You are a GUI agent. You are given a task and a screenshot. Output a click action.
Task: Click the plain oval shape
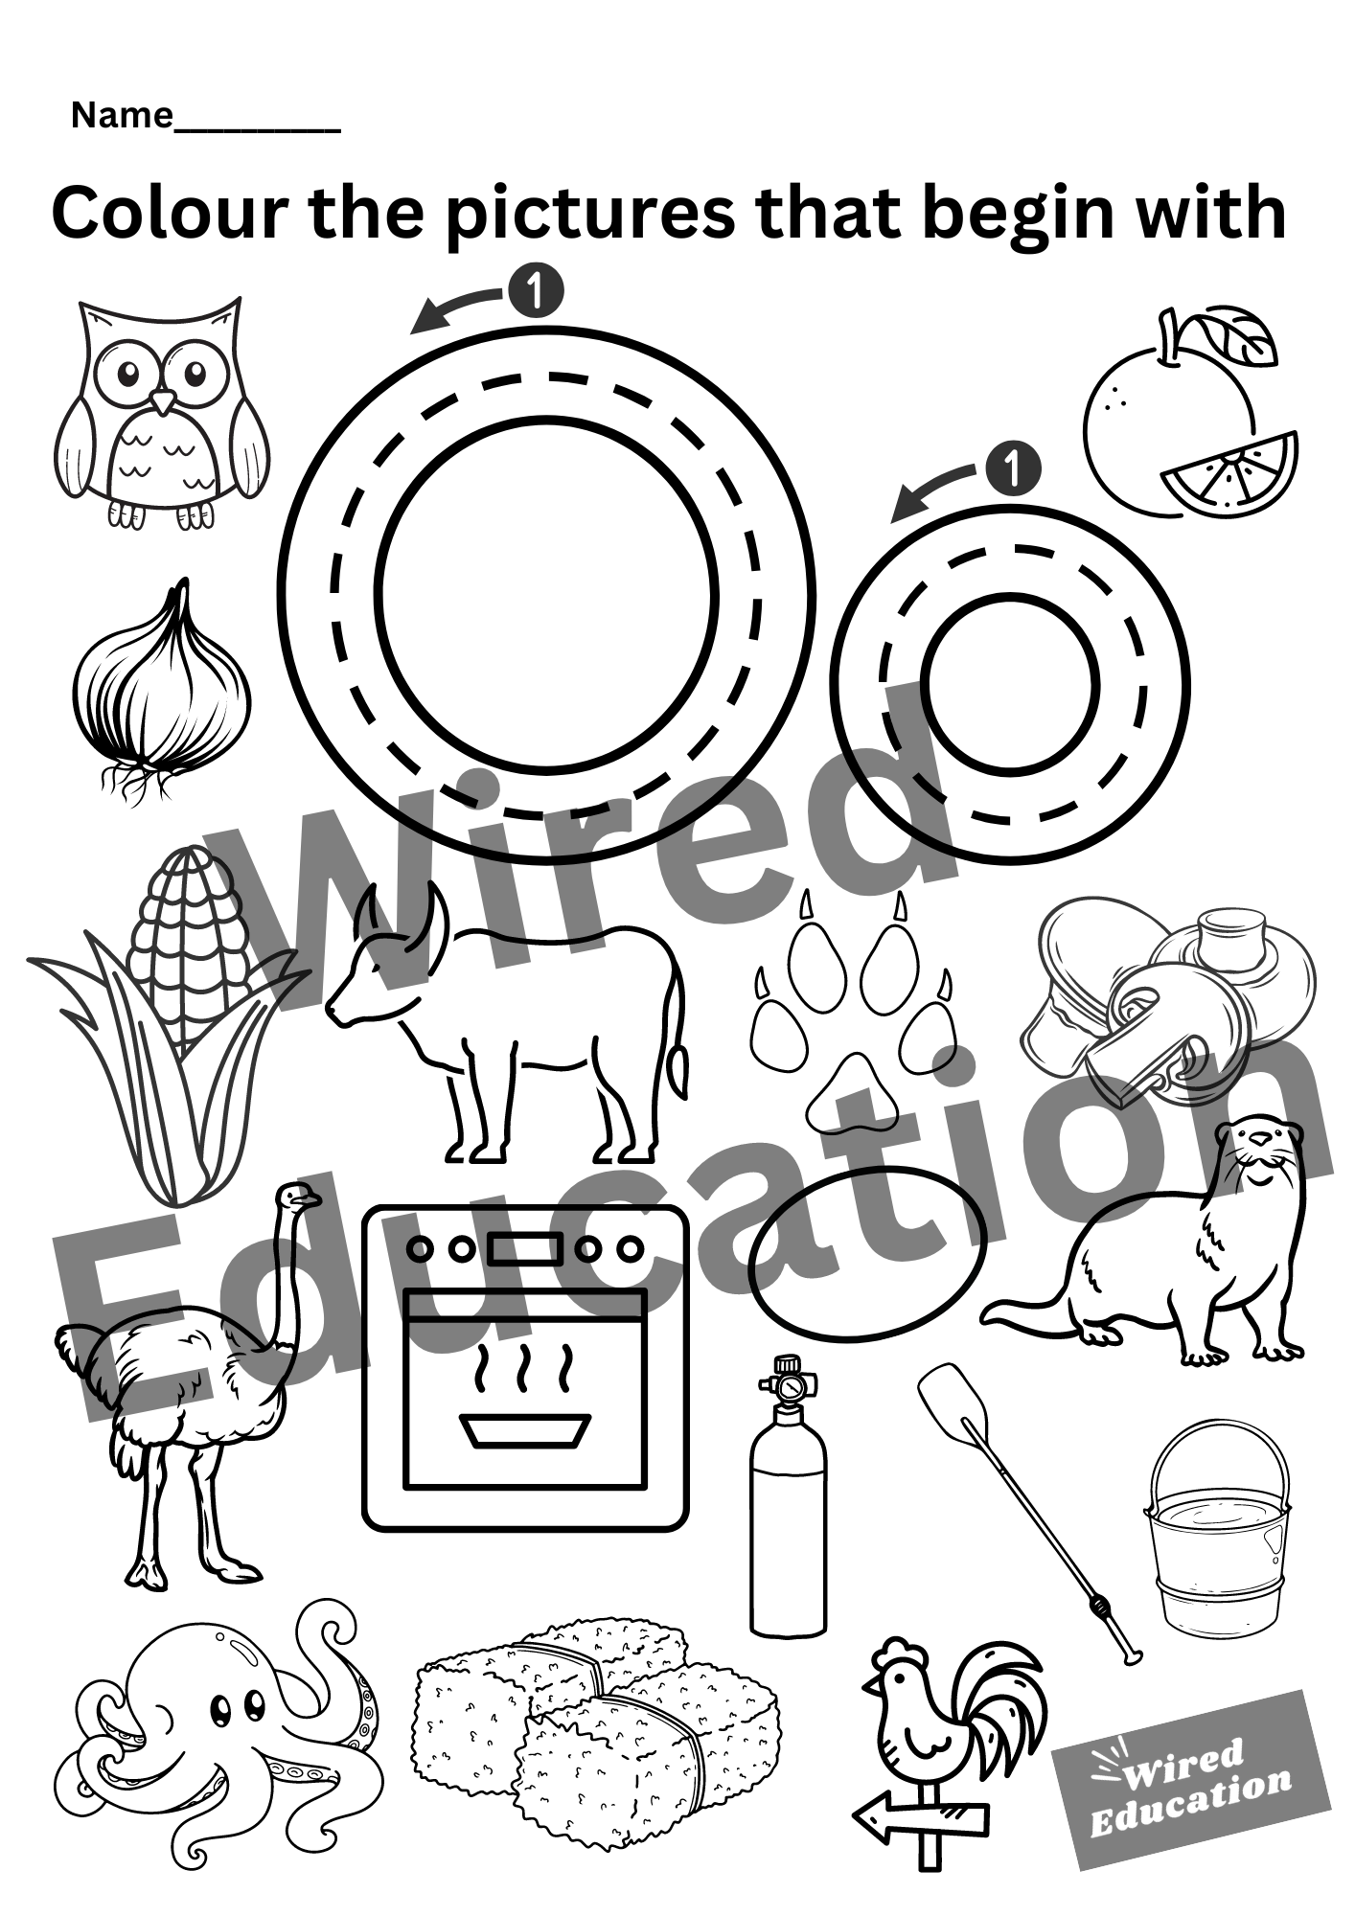click(x=867, y=1251)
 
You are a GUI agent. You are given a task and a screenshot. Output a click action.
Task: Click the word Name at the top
click(x=121, y=116)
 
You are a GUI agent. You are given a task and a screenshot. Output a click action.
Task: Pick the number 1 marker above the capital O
click(x=536, y=289)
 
